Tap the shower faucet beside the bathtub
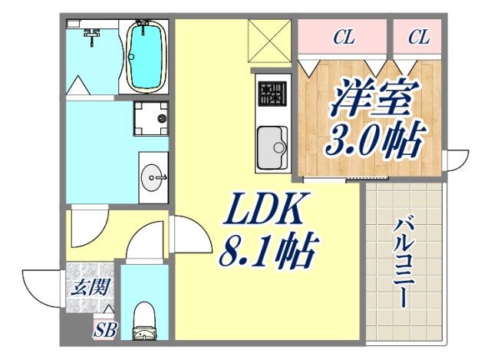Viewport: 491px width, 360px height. (93, 35)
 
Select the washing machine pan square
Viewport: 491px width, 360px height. (150, 118)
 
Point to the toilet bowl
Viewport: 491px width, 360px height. (143, 322)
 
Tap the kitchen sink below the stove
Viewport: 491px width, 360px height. (272, 146)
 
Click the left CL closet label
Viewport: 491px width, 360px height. (343, 36)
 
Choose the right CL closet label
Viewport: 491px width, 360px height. (418, 36)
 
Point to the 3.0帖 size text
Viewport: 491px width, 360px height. (375, 140)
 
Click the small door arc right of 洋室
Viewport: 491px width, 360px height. (456, 159)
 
